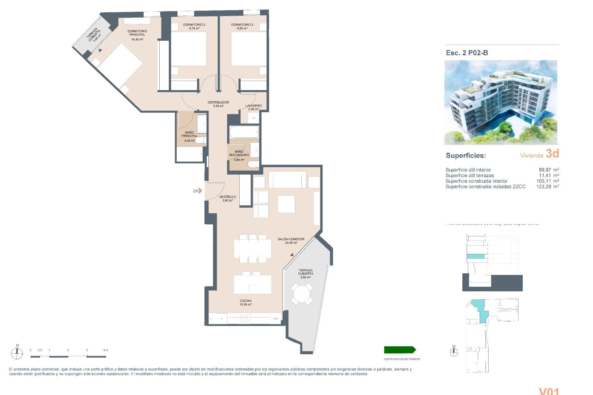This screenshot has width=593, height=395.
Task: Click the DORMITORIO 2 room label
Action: click(x=194, y=25)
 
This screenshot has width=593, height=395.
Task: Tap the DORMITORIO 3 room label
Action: click(x=242, y=25)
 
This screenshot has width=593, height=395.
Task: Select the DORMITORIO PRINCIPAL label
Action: click(x=137, y=33)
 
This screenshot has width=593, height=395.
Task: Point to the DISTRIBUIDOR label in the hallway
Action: click(x=218, y=102)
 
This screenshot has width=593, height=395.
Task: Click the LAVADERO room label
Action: click(x=253, y=106)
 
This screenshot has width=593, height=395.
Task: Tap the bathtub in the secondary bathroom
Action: click(x=244, y=132)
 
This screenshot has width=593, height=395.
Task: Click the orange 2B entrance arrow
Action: click(x=200, y=191)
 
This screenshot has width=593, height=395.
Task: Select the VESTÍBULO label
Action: click(x=228, y=197)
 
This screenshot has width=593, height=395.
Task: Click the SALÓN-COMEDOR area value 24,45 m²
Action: click(x=291, y=243)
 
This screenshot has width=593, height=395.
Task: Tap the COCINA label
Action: click(x=246, y=301)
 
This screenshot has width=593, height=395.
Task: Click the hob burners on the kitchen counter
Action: click(x=244, y=318)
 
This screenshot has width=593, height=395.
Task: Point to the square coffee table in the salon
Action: click(x=286, y=204)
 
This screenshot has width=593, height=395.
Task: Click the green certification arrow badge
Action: click(x=400, y=350)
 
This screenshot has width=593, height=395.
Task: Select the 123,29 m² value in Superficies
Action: click(x=547, y=187)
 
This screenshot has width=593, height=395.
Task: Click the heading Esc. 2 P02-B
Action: click(x=467, y=53)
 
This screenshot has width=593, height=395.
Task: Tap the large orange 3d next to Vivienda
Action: click(x=552, y=153)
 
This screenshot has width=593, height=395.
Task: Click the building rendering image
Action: click(x=501, y=102)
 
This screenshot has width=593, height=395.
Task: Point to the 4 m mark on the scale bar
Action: click(x=106, y=350)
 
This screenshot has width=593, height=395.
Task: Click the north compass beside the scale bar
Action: click(x=17, y=352)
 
